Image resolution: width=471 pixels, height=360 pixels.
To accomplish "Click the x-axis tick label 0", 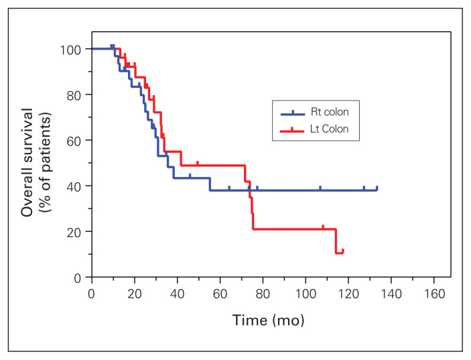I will pyautogui.click(x=92, y=294).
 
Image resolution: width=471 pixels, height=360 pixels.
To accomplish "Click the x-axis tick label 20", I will pyautogui.click(x=135, y=294).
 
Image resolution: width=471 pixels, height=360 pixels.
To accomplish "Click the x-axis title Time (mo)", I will pyautogui.click(x=269, y=320).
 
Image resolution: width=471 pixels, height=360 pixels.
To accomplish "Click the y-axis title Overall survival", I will pyautogui.click(x=28, y=162).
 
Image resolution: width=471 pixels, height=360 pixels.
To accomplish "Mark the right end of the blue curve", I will pyautogui.click(x=377, y=189).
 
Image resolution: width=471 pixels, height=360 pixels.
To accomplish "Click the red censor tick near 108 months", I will pyautogui.click(x=323, y=227).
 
